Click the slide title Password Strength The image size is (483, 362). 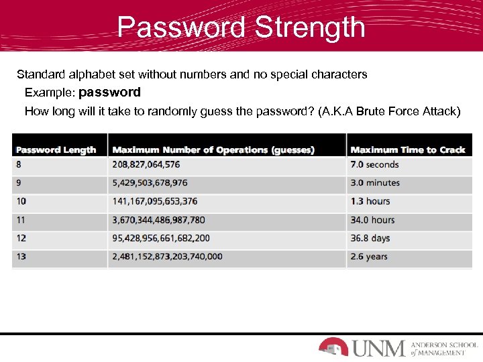pyautogui.click(x=241, y=27)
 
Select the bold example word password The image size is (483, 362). pyautogui.click(x=110, y=92)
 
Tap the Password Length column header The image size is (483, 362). pyautogui.click(x=56, y=149)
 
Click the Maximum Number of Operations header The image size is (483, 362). pyautogui.click(x=213, y=149)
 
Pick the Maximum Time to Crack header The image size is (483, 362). pyautogui.click(x=408, y=149)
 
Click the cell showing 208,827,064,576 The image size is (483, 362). pyautogui.click(x=146, y=164)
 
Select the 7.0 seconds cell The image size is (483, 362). pyautogui.click(x=374, y=164)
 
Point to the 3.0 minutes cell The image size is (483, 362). pyautogui.click(x=375, y=182)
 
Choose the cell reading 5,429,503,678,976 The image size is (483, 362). pyautogui.click(x=150, y=182)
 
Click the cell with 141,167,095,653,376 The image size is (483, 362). pyautogui.click(x=155, y=201)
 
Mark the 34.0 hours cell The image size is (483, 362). pyautogui.click(x=372, y=220)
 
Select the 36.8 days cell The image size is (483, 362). pyautogui.click(x=370, y=238)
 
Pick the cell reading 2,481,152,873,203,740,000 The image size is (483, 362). pyautogui.click(x=168, y=256)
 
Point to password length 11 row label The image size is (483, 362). pyautogui.click(x=21, y=220)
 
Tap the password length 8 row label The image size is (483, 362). pyautogui.click(x=19, y=164)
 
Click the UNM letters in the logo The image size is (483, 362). pyautogui.click(x=378, y=348)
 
